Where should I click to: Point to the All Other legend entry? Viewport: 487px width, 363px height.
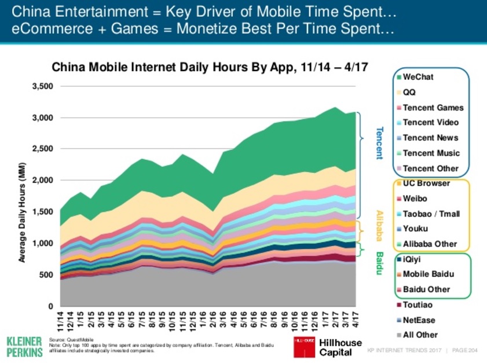point(420,335)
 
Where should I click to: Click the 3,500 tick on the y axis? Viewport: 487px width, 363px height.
point(41,87)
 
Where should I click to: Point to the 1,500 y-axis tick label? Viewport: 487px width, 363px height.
point(41,212)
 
